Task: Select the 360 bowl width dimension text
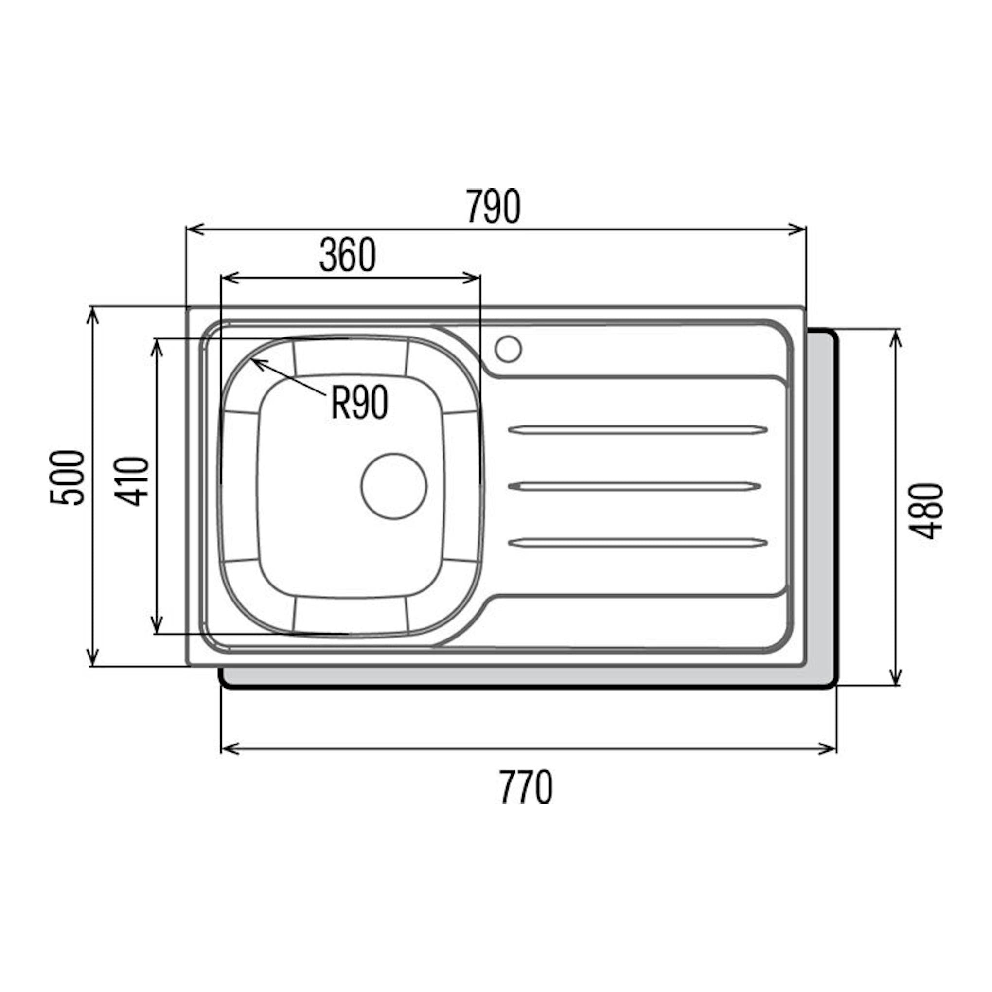click(x=348, y=255)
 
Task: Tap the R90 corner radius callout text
click(x=359, y=403)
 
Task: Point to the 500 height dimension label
click(x=67, y=478)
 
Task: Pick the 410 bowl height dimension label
click(x=131, y=481)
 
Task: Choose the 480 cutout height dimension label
click(x=927, y=511)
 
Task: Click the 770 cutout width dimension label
click(x=526, y=787)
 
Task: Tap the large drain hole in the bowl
click(x=394, y=486)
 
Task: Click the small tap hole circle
click(x=508, y=349)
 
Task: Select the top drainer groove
click(x=638, y=430)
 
